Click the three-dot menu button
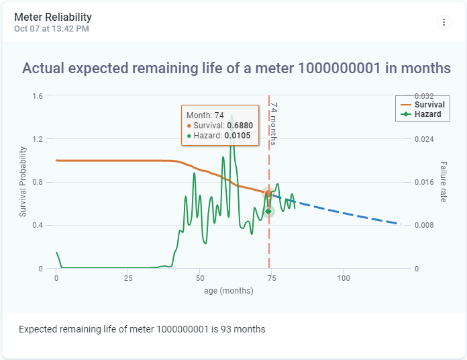click(444, 22)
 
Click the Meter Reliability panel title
click(53, 17)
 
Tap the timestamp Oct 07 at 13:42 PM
click(52, 29)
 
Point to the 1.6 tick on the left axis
click(37, 96)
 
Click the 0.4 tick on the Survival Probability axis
click(37, 226)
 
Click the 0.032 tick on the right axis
click(424, 96)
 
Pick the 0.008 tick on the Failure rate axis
click(424, 226)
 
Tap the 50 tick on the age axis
click(200, 278)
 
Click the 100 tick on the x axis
click(344, 278)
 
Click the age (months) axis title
click(229, 291)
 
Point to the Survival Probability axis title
click(23, 182)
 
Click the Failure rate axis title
click(444, 182)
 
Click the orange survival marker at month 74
click(268, 194)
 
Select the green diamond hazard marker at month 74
click(268, 212)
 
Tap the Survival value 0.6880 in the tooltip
click(240, 126)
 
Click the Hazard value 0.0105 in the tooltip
click(238, 136)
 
